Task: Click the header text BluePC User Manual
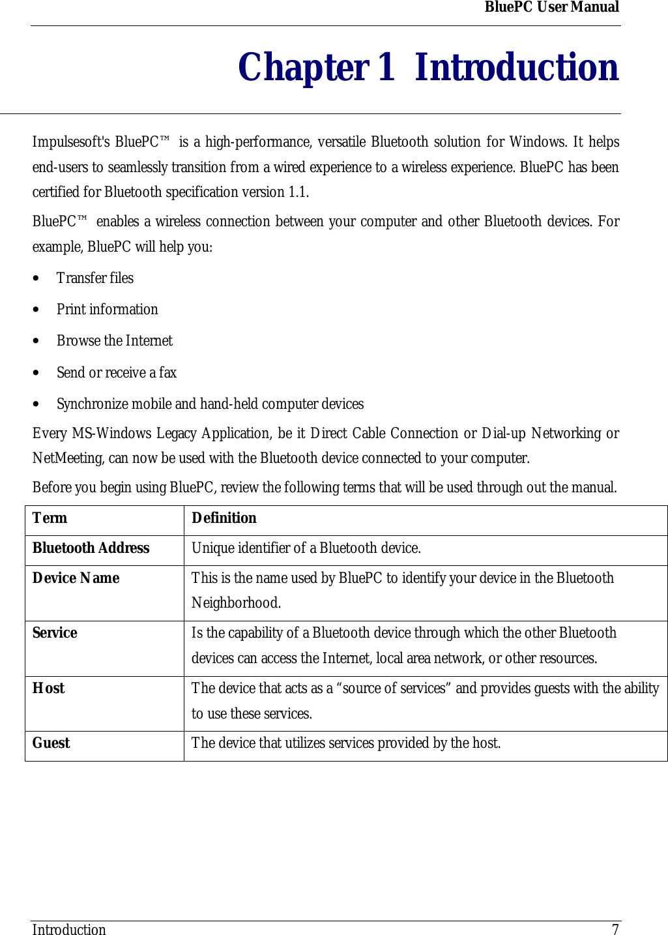551,7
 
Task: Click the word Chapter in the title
303,67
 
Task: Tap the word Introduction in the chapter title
516,67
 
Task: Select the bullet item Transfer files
95,278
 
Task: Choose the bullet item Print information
107,310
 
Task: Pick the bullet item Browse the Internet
115,341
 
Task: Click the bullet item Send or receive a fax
117,373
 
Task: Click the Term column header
50,518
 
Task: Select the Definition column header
224,518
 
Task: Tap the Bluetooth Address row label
91,548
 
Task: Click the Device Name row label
76,578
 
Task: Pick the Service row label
55,633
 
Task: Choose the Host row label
48,689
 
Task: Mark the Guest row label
51,743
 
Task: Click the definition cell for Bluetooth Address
306,548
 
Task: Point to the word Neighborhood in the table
235,603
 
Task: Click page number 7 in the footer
615,930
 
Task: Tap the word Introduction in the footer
69,930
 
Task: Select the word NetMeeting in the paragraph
68,458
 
